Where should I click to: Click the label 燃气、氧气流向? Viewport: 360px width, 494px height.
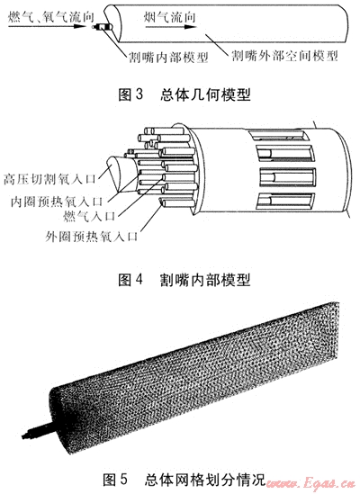[50, 16]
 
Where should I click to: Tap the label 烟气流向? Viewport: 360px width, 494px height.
[170, 16]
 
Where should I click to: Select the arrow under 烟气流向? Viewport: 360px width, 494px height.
[171, 27]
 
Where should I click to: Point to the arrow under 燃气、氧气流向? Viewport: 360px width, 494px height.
[48, 26]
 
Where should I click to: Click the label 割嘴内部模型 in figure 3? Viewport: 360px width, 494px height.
[168, 57]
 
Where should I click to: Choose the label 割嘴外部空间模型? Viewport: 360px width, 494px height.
[284, 56]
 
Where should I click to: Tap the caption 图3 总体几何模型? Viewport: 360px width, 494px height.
[184, 94]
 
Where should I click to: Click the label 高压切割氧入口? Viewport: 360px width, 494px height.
[49, 179]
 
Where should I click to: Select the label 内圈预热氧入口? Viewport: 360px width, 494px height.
[57, 201]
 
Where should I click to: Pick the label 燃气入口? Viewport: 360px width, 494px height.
[89, 216]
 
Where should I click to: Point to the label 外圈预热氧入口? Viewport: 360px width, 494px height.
[92, 236]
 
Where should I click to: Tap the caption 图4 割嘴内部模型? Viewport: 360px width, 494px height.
[184, 280]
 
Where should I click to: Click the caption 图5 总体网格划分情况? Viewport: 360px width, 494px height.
[184, 480]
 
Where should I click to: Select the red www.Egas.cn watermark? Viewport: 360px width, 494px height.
[311, 483]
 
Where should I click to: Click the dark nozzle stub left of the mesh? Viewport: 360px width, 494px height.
[37, 430]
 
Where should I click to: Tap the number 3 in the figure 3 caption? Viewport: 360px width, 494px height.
[139, 94]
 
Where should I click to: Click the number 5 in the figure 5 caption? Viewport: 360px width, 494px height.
[123, 480]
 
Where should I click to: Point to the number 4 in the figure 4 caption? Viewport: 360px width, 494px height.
[139, 280]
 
